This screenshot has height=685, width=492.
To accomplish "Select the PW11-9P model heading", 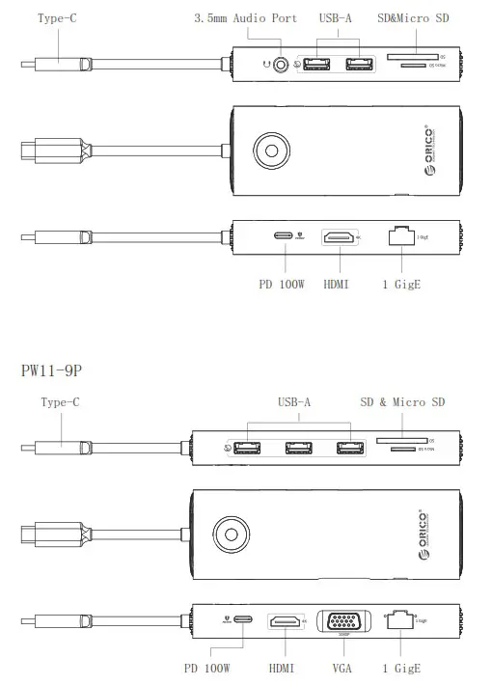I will (59, 370).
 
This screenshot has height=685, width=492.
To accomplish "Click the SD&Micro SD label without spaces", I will (413, 18).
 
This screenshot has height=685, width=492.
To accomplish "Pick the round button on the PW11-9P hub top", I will (231, 534).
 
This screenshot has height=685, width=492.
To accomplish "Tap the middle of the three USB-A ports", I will (298, 448).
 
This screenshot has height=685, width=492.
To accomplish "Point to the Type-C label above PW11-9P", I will (61, 402).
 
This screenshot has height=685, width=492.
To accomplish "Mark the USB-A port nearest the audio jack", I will (314, 67).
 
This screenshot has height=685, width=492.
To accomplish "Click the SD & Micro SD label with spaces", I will (403, 402).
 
